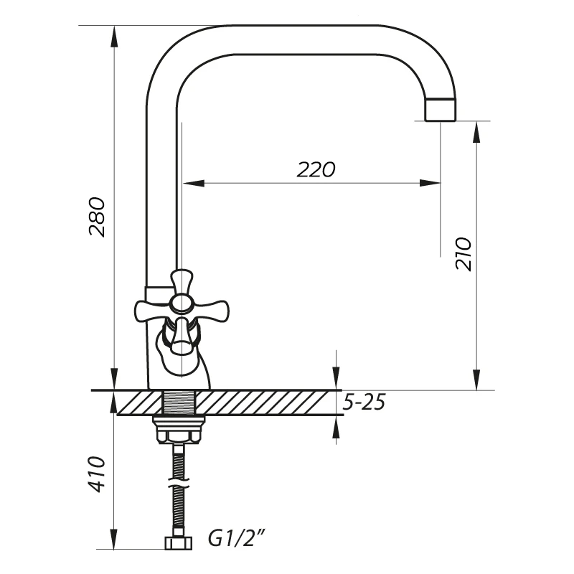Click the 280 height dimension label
pos(97,217)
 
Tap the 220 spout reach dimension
pos(316,169)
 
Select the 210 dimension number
pos(463,254)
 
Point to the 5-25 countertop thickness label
pos(364,403)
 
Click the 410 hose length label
pos(97,474)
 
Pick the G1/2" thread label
pos(236,539)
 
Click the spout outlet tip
pos(441,110)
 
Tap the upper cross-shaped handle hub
pos(182,302)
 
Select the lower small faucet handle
pos(180,336)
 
